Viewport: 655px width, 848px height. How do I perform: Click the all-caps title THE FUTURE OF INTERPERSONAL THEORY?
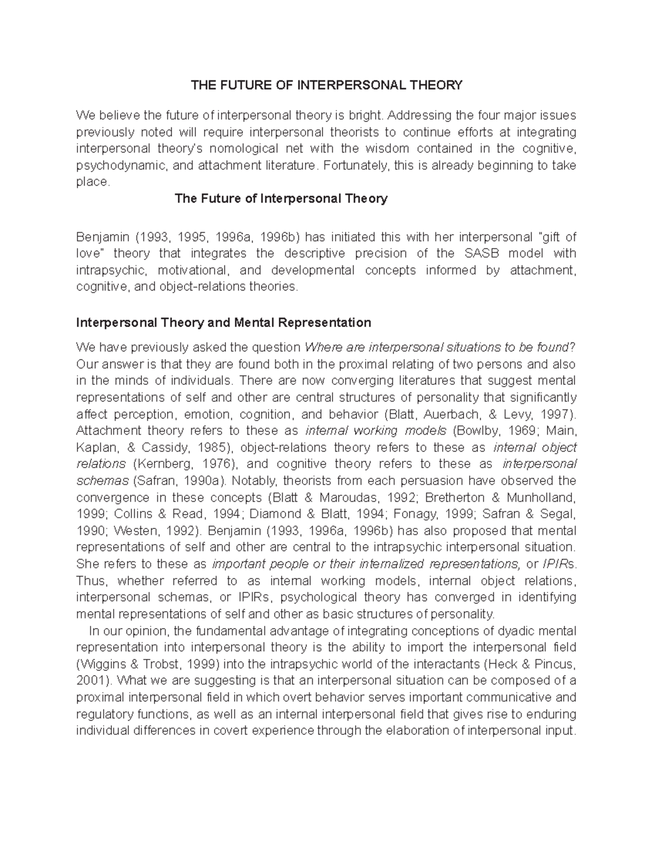tap(326, 85)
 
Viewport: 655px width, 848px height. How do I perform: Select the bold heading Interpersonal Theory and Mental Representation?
tap(224, 322)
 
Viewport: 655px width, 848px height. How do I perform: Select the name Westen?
tap(115, 531)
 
